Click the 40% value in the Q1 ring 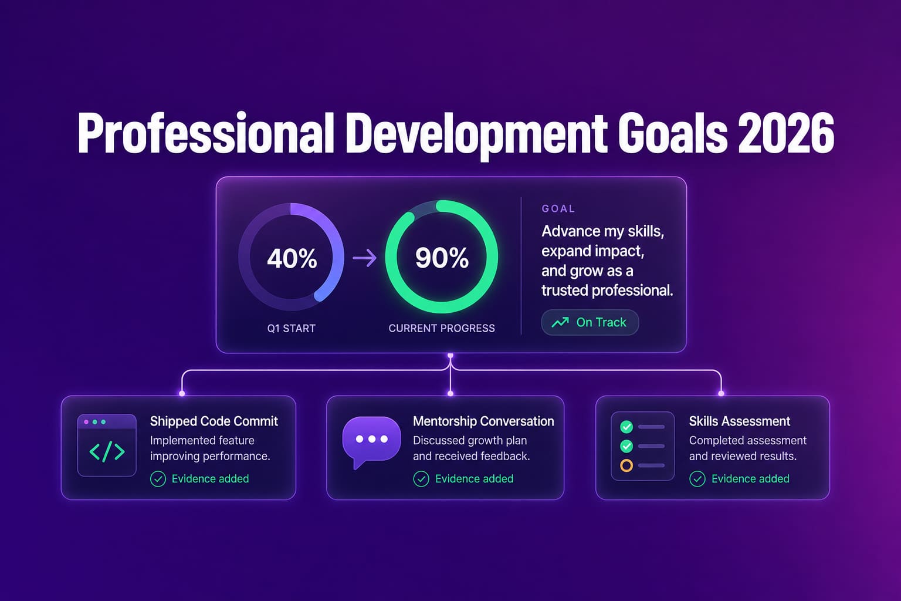pyautogui.click(x=292, y=258)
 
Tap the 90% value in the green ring pyautogui.click(x=442, y=258)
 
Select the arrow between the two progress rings pyautogui.click(x=364, y=258)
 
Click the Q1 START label pyautogui.click(x=291, y=329)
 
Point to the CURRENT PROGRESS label pyautogui.click(x=442, y=329)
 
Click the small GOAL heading pyautogui.click(x=558, y=208)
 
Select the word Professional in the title pyautogui.click(x=205, y=133)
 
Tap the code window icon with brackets pyautogui.click(x=107, y=445)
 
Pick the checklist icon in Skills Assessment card pyautogui.click(x=642, y=446)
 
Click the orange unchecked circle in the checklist pyautogui.click(x=626, y=466)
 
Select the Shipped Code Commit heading pyautogui.click(x=214, y=421)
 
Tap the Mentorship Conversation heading pyautogui.click(x=483, y=421)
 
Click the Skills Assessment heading pyautogui.click(x=739, y=421)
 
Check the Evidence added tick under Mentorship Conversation pyautogui.click(x=421, y=479)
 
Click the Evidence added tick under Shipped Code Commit pyautogui.click(x=158, y=479)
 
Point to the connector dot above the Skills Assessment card pyautogui.click(x=721, y=393)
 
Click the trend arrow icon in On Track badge pyautogui.click(x=560, y=322)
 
